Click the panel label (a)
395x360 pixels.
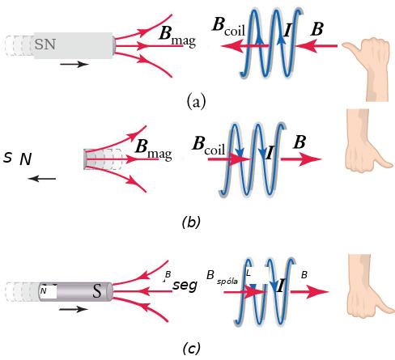click(x=196, y=101)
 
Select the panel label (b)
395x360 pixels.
click(x=191, y=222)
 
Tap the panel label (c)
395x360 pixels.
click(x=191, y=348)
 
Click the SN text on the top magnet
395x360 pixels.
click(x=45, y=44)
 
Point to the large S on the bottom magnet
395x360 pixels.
click(x=97, y=291)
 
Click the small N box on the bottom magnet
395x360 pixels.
click(x=49, y=291)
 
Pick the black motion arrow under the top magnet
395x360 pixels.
click(x=74, y=64)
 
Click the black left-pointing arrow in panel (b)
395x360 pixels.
click(x=42, y=178)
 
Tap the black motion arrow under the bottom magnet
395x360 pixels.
click(x=74, y=309)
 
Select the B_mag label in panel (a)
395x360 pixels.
click(x=177, y=36)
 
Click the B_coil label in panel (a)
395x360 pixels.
click(x=228, y=27)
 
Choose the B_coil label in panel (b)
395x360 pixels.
click(x=209, y=146)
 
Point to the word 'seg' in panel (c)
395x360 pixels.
click(x=185, y=285)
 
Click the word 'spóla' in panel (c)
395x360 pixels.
click(x=227, y=282)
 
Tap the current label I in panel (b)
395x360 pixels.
click(x=270, y=154)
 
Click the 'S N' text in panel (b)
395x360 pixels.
click(x=18, y=159)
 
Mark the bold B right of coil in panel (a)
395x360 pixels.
click(x=316, y=29)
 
